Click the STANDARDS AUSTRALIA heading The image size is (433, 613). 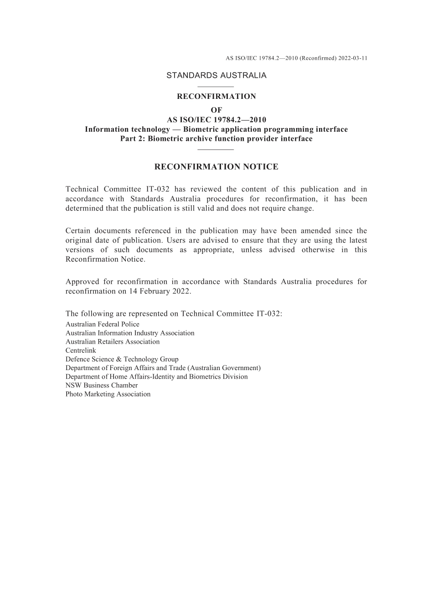tap(216, 76)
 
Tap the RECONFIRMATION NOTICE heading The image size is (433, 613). tap(216, 167)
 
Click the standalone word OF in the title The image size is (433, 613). tap(216, 110)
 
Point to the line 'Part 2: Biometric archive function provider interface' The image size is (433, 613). tap(216, 139)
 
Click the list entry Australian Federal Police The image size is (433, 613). tap(103, 324)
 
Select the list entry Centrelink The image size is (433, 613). tap(81, 350)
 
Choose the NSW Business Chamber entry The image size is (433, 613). tap(102, 385)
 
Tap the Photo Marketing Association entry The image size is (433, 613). tap(108, 394)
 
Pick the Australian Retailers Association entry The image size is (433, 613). tap(113, 342)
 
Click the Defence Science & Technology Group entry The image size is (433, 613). tap(122, 359)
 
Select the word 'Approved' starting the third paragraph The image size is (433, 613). tap(81, 282)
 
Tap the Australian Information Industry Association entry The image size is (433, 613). tap(130, 333)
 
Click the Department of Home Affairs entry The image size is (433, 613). tap(156, 376)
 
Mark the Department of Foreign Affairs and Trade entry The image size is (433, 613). tap(163, 368)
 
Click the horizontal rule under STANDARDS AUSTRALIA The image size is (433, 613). tap(216, 87)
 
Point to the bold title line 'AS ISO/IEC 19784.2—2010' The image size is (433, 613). tap(216, 120)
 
